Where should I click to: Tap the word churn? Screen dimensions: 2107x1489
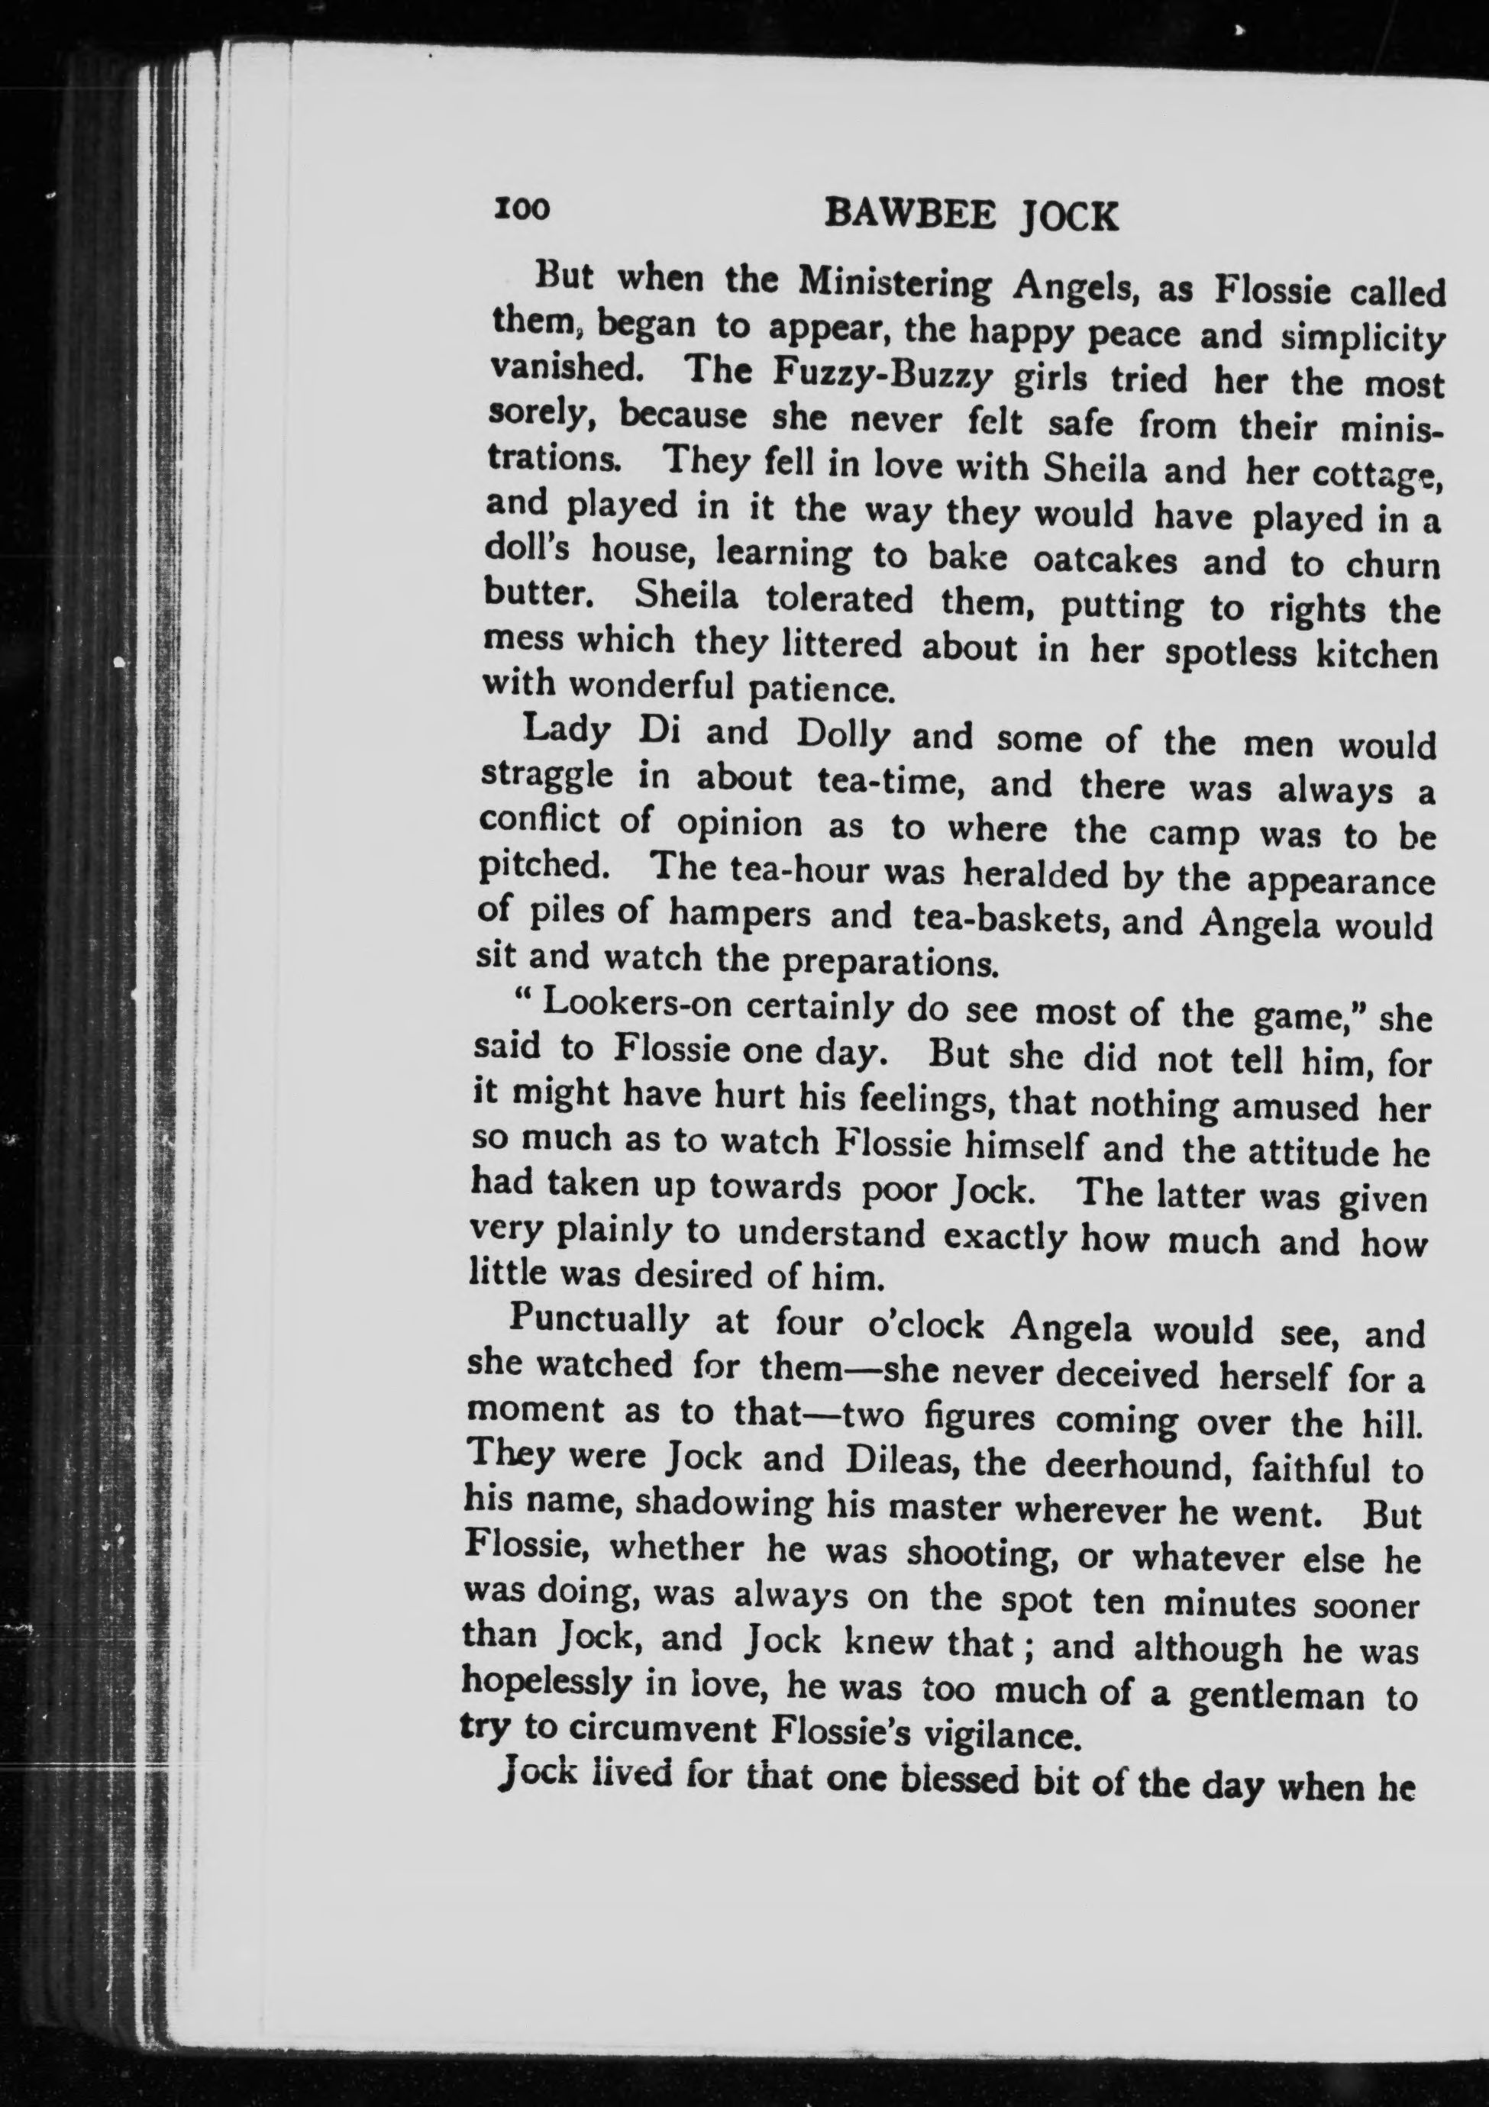click(x=1393, y=564)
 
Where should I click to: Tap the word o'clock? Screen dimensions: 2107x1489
click(x=925, y=1325)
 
